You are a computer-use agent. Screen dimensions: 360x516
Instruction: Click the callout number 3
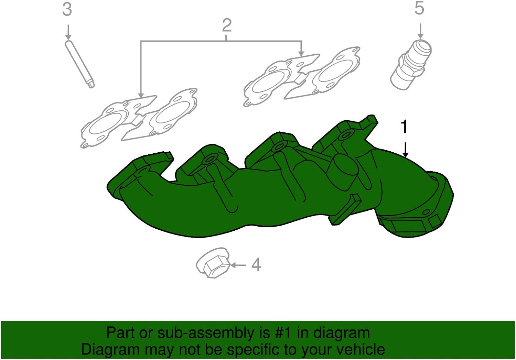(x=67, y=10)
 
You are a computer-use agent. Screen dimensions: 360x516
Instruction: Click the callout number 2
(x=227, y=25)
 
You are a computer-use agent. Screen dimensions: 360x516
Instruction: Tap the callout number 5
(x=419, y=8)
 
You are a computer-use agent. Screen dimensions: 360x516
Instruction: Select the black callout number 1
(x=404, y=127)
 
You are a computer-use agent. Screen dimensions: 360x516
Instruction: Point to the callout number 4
(x=256, y=265)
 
